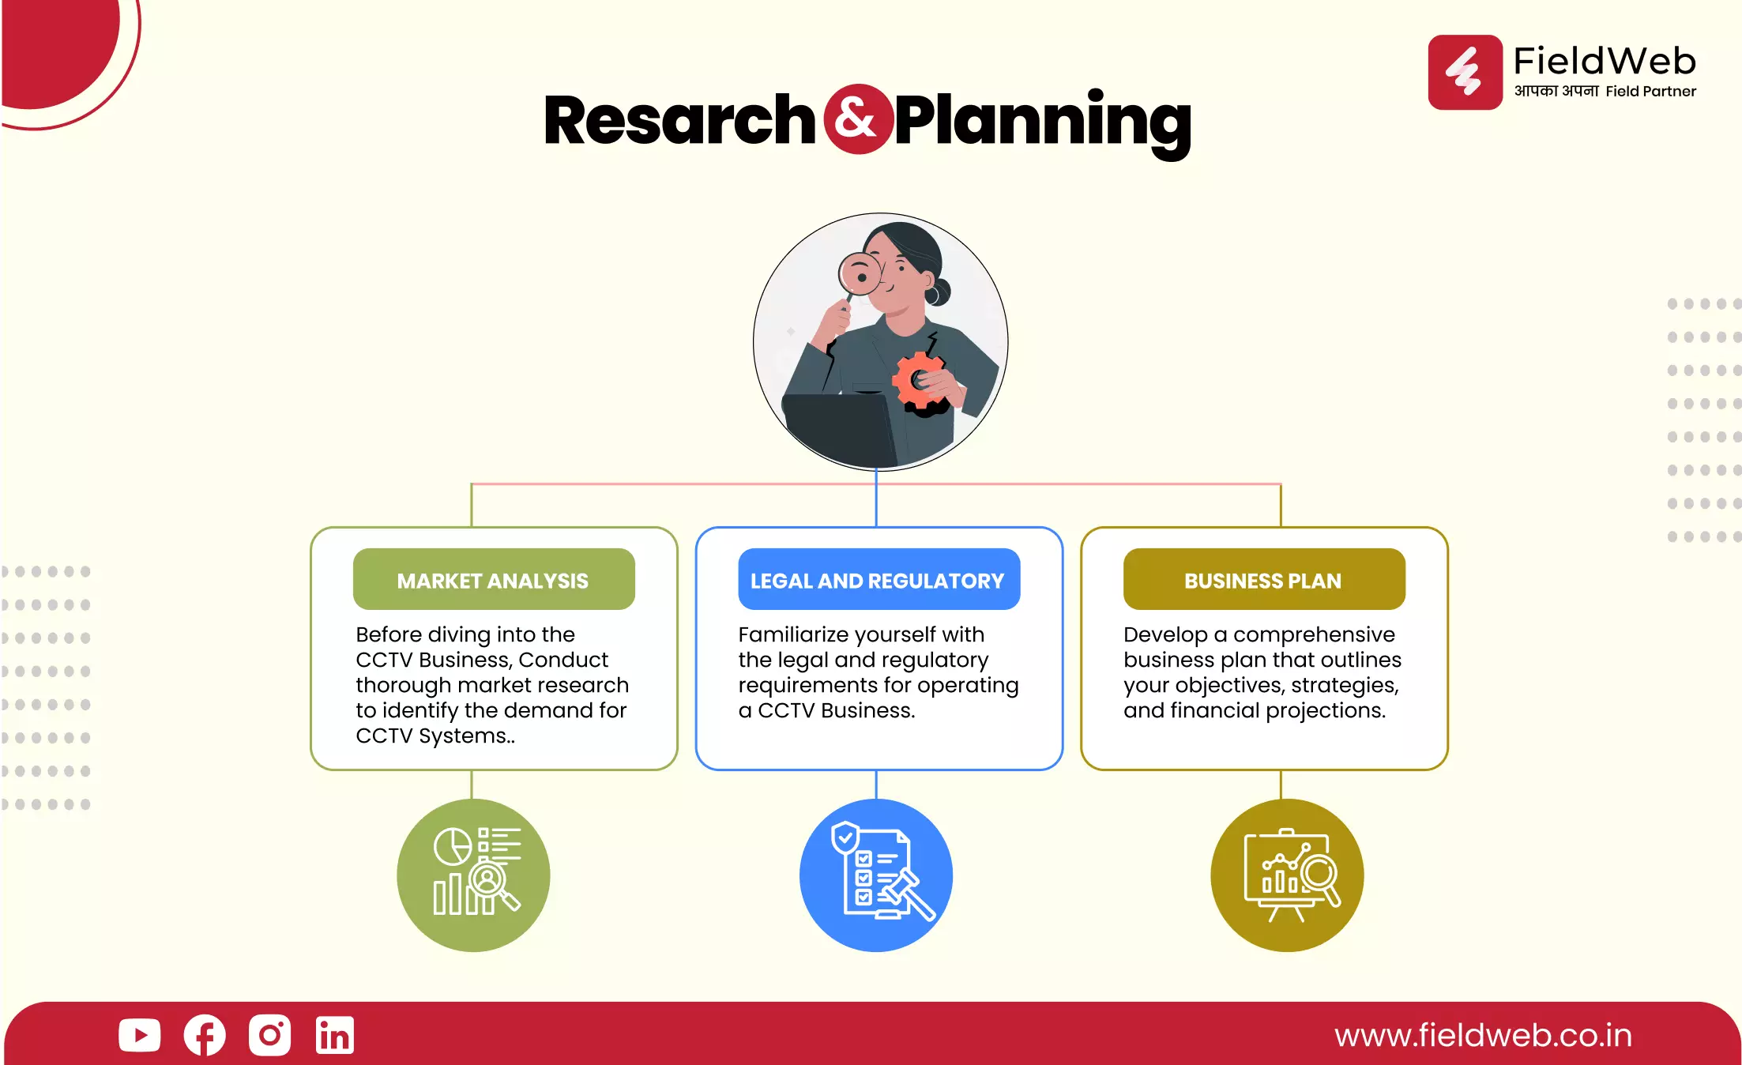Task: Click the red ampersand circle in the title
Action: (858, 119)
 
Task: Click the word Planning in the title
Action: (1043, 122)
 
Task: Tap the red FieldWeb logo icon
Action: (1465, 72)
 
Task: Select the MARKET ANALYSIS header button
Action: (494, 579)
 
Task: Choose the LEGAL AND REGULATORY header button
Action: (879, 579)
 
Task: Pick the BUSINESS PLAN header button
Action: (1264, 579)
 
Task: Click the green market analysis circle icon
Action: (473, 875)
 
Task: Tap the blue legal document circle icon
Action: (876, 875)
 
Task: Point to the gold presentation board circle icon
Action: (1287, 875)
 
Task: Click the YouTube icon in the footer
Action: (140, 1035)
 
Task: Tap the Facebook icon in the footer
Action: (205, 1035)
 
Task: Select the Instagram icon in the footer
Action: (269, 1035)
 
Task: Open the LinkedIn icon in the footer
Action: (335, 1035)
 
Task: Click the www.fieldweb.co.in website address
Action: (1484, 1036)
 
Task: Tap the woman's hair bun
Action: (939, 292)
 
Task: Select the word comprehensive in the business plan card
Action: (1315, 635)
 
